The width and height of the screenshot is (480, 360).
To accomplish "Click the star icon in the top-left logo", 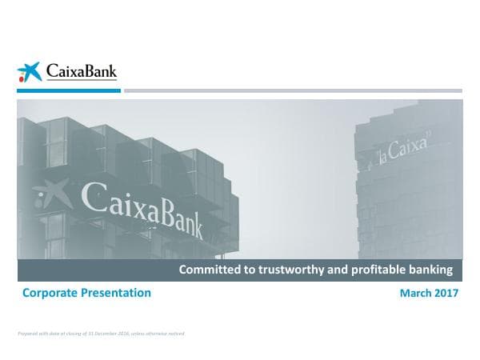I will [29, 72].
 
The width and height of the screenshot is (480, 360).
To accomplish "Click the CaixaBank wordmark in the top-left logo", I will [80, 72].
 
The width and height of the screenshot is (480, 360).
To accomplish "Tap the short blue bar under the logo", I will [69, 91].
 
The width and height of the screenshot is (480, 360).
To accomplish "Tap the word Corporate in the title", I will [50, 293].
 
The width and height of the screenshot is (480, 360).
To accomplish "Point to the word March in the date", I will [414, 294].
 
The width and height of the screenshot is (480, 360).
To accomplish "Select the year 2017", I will [446, 294].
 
